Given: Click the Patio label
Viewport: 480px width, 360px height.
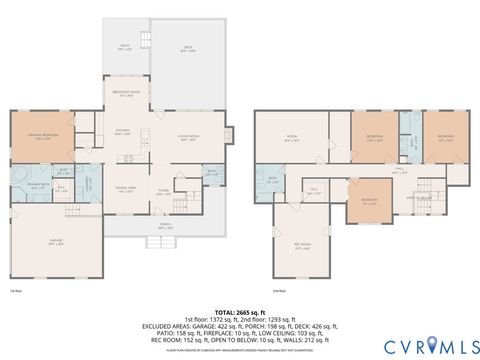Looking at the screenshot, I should pos(125,46).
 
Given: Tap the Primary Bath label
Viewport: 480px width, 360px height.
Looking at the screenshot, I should pos(38,186).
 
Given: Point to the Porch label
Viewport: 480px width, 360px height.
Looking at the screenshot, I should pos(165,226).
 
